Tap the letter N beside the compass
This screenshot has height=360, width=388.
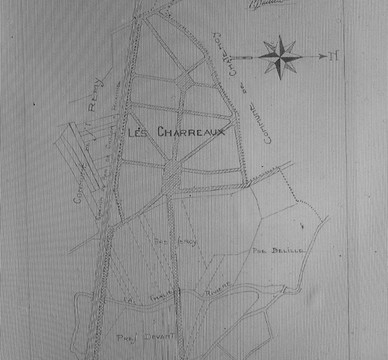pyautogui.click(x=334, y=55)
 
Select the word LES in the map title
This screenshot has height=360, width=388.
pyautogui.click(x=139, y=131)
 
